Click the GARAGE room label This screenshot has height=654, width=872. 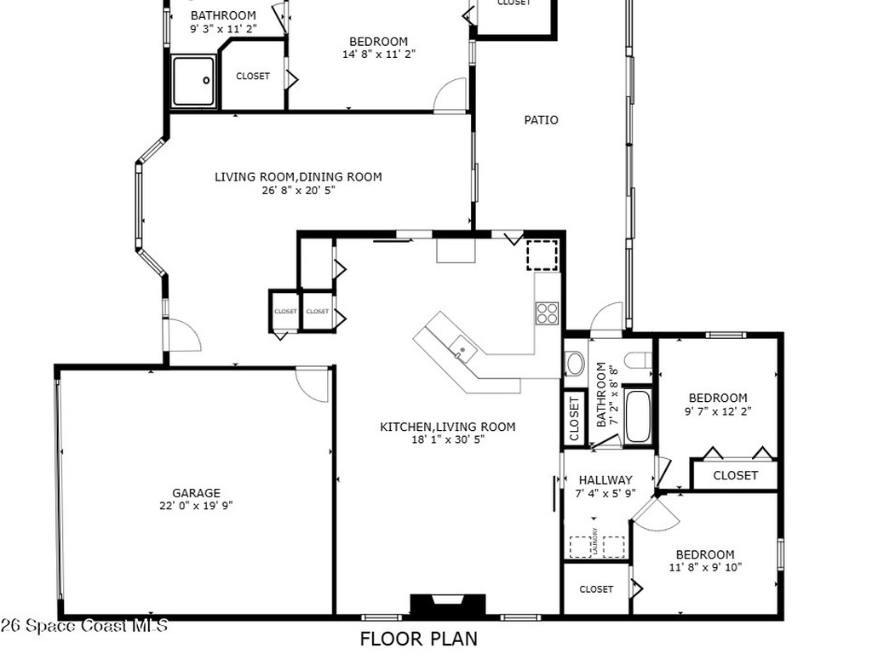click(196, 492)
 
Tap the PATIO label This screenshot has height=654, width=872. click(541, 120)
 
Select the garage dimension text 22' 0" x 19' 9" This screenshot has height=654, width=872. click(196, 505)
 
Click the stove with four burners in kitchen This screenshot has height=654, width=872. click(548, 313)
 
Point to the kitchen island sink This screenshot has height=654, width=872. click(461, 347)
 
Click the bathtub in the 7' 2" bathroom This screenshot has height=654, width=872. click(637, 416)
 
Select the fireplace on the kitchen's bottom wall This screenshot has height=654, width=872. click(448, 605)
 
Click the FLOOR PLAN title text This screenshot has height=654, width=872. click(418, 639)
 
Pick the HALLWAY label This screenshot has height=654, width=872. click(605, 479)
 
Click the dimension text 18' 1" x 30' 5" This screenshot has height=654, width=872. click(448, 439)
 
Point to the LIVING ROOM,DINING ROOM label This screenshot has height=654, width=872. click(298, 177)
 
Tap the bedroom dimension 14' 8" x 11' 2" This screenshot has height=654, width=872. click(378, 54)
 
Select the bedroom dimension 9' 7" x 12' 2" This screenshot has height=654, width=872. click(718, 410)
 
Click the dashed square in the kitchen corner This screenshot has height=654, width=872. click(541, 255)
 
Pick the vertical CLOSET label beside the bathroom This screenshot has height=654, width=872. click(573, 418)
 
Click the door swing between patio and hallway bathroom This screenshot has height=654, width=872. click(608, 317)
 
